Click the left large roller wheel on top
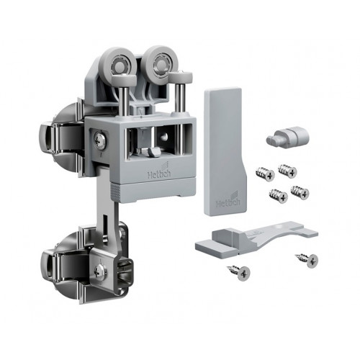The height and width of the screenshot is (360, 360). [117, 63]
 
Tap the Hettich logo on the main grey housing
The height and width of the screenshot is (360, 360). [159, 172]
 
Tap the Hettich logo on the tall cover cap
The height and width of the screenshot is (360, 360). [228, 200]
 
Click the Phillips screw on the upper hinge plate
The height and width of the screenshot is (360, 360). [99, 140]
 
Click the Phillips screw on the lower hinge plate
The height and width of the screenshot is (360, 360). [101, 273]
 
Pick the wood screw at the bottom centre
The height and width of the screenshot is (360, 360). [238, 272]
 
